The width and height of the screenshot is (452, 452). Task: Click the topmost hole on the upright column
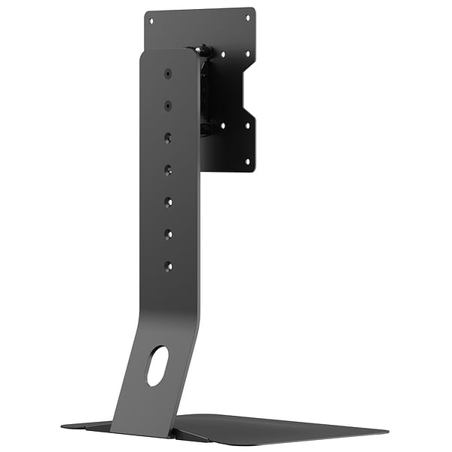tap(167, 73)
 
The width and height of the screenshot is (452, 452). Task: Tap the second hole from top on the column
tap(167, 105)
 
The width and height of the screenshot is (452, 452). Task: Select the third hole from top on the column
tap(167, 138)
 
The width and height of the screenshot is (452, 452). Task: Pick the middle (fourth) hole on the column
tap(167, 170)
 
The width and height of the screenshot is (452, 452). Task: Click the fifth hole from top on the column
tap(168, 202)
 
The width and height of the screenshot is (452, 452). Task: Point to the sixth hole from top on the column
tap(168, 234)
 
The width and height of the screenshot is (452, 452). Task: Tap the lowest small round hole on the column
tap(168, 266)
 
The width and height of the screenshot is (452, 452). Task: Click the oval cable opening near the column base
tap(157, 365)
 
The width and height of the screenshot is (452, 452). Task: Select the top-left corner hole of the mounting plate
tap(151, 21)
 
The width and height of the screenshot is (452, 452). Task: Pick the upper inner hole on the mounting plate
tap(223, 54)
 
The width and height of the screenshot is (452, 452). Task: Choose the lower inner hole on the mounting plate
tap(223, 126)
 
